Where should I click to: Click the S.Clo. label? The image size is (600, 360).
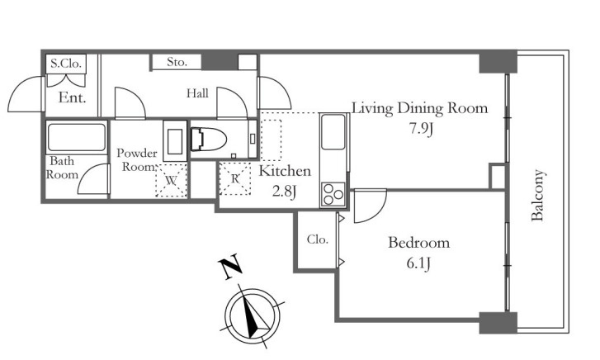(x=66, y=64)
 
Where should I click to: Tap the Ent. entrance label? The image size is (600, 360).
(x=72, y=97)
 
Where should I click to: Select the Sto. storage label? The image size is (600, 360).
(x=177, y=62)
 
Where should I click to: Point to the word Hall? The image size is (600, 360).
(x=197, y=93)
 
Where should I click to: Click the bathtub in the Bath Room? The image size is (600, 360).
(x=76, y=137)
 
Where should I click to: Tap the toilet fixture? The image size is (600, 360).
(x=208, y=139)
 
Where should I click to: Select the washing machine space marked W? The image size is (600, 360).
(x=171, y=180)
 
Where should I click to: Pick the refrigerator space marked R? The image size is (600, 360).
(x=235, y=178)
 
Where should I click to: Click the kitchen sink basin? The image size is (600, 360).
(x=333, y=132)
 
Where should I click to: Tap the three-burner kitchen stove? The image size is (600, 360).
(x=333, y=194)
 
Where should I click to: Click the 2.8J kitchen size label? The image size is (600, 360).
(x=284, y=191)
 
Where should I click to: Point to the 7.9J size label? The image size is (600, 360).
(x=421, y=129)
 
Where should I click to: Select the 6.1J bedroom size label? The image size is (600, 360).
(x=418, y=263)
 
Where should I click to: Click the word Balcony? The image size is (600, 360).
(x=537, y=196)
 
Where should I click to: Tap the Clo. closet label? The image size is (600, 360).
(x=318, y=239)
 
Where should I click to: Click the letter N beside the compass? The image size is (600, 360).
(x=230, y=267)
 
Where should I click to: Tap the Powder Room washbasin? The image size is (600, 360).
(x=175, y=141)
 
